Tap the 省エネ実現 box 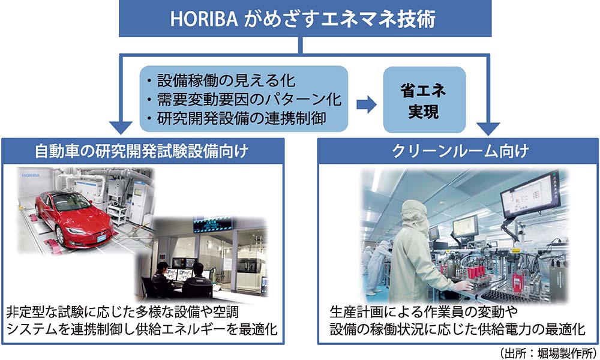(x=424, y=100)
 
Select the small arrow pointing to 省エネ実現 (x=366, y=104)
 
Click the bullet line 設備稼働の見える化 (x=221, y=81)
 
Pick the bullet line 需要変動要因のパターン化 (x=244, y=100)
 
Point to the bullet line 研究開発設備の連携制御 (x=236, y=119)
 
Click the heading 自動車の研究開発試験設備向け (x=142, y=151)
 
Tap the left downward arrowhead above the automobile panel (x=121, y=127)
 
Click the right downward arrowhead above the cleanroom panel (x=488, y=128)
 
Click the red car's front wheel (x=61, y=235)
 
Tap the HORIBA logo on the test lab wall (x=31, y=175)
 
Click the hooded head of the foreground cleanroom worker (x=415, y=214)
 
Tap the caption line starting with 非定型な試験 (x=122, y=313)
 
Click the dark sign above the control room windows (x=212, y=224)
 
